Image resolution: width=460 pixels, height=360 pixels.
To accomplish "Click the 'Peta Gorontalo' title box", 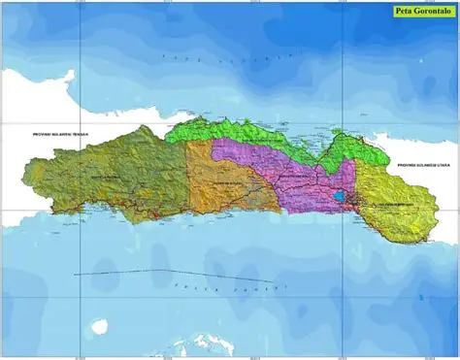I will tap(421, 13).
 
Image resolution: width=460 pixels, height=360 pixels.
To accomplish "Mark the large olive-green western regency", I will tap(116, 175).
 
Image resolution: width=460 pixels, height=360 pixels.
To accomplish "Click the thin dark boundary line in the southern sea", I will tap(126, 271).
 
